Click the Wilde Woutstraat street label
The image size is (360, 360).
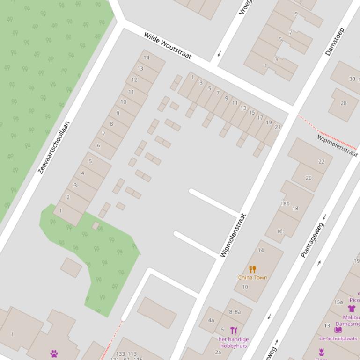click(x=168, y=45)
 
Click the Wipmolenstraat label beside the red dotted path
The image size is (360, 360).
click(x=337, y=145)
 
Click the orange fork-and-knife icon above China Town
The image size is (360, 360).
click(x=253, y=269)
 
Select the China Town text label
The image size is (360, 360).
click(x=253, y=277)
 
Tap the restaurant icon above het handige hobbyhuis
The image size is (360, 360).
click(x=234, y=331)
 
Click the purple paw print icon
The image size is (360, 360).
click(x=54, y=353)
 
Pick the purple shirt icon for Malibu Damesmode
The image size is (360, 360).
click(x=351, y=308)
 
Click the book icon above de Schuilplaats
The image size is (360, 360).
click(x=338, y=330)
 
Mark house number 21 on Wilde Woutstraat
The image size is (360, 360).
click(x=278, y=127)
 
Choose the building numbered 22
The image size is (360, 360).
click(x=321, y=162)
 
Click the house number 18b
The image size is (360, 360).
click(x=285, y=204)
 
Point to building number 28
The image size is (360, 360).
click(x=344, y=103)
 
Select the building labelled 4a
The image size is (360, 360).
click(x=211, y=320)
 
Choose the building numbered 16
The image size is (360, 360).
click(x=279, y=231)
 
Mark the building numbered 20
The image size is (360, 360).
click(x=309, y=178)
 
